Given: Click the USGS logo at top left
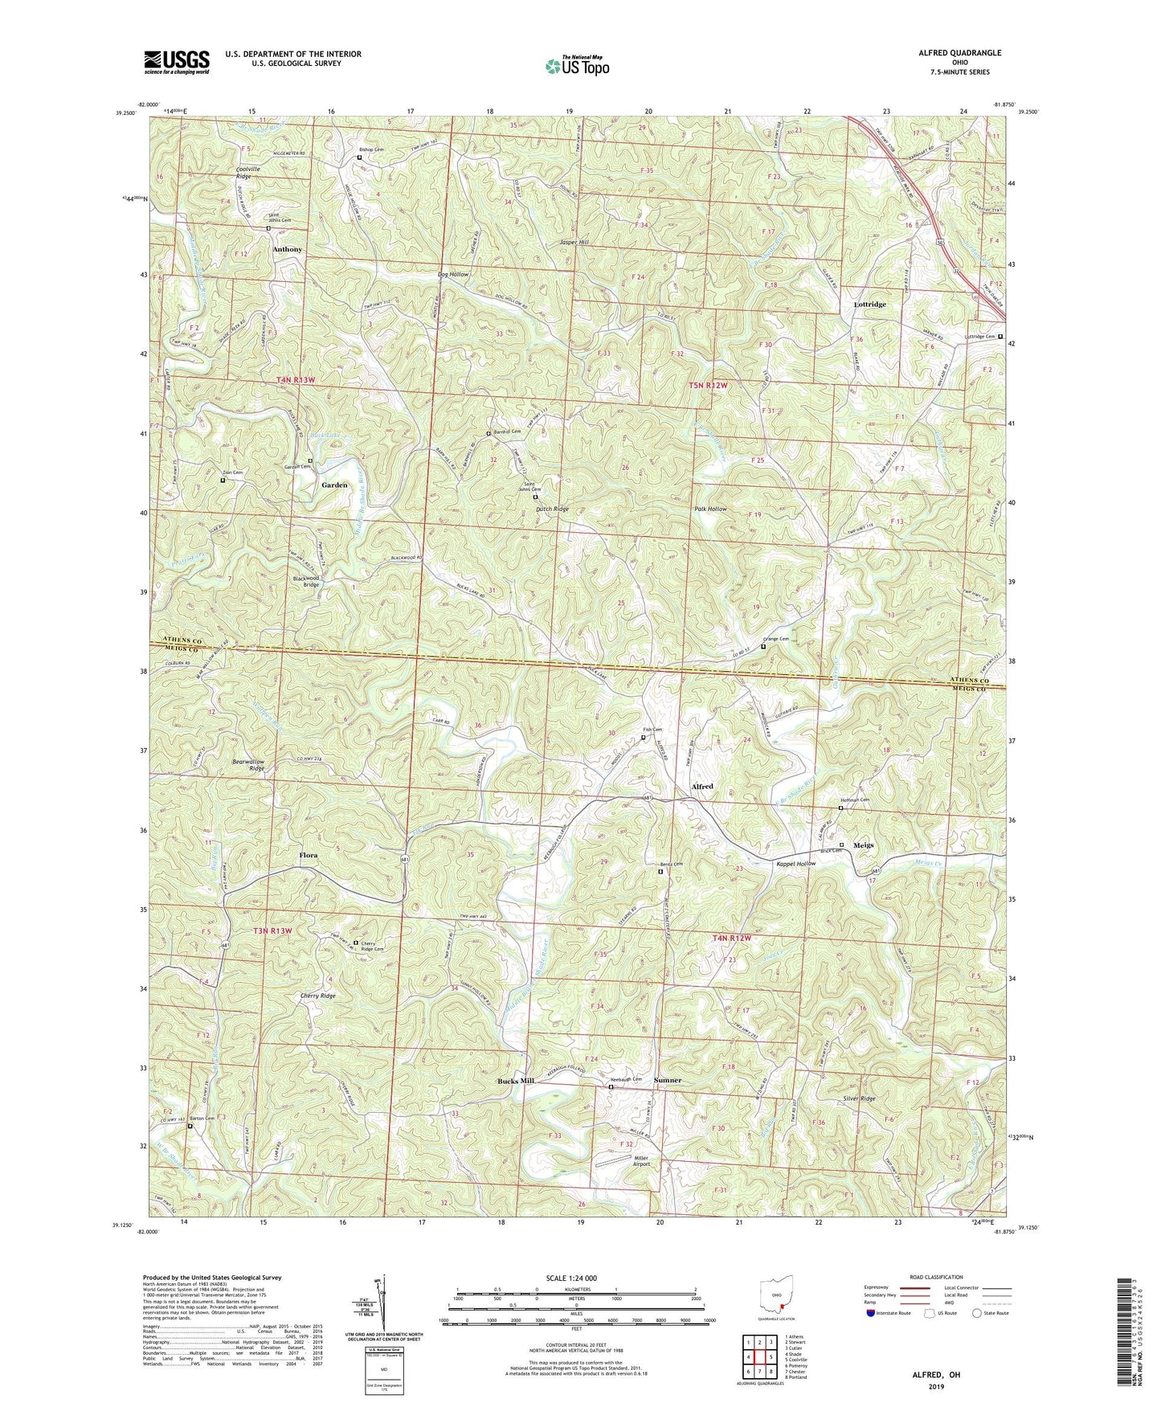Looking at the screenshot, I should (x=176, y=61).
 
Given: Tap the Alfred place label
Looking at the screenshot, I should (x=702, y=786).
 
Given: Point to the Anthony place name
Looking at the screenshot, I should (x=287, y=249).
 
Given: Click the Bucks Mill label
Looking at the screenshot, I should (x=515, y=1081).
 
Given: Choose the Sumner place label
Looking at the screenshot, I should (x=667, y=1081).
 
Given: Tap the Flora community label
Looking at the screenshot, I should (x=309, y=855).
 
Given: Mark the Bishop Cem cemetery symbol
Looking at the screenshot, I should (x=359, y=158).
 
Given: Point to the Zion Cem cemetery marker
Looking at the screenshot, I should (x=223, y=481).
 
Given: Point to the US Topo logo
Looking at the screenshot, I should (x=576, y=67).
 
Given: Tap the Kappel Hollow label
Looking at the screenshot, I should (x=795, y=864).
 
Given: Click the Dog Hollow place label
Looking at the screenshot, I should (x=452, y=275).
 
